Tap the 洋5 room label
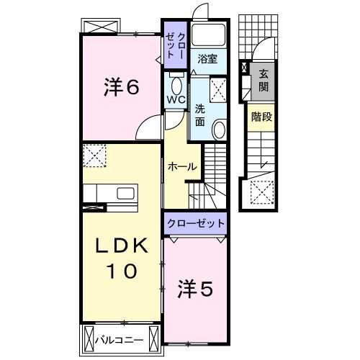195,289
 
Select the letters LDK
122,245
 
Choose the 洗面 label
199,115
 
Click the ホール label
181,166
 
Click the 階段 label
261,115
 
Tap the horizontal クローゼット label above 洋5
196,223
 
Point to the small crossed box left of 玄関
245,70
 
